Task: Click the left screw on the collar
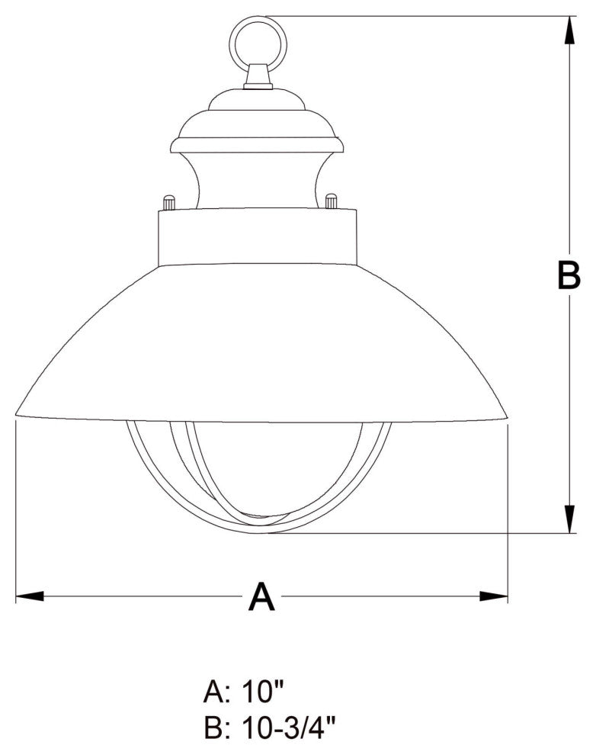[168, 202]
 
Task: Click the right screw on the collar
[331, 201]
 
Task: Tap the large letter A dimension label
[261, 597]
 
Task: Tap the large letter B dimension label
[568, 275]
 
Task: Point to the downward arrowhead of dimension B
[569, 518]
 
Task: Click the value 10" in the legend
[264, 693]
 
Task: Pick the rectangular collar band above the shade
[258, 236]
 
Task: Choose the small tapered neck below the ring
[258, 77]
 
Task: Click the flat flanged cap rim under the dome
[257, 145]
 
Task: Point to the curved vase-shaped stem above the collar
[257, 179]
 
